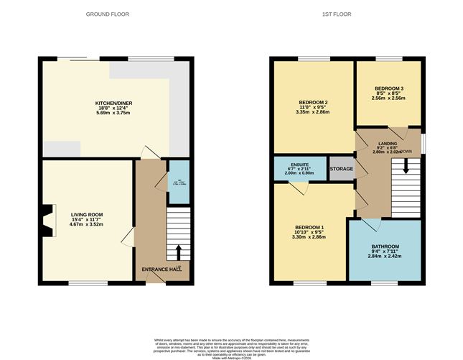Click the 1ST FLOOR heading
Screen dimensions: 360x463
click(347, 14)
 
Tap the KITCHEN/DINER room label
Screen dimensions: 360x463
click(114, 103)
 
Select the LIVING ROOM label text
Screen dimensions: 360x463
click(87, 214)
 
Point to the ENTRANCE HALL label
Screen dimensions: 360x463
click(161, 269)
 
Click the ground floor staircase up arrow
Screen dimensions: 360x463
click(178, 251)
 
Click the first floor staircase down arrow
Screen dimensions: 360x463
click(406, 167)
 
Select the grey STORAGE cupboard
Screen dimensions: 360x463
click(341, 169)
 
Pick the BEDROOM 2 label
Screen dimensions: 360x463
click(313, 103)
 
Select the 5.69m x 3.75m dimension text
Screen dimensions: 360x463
click(114, 114)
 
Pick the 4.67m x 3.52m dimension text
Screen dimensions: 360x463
click(87, 225)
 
